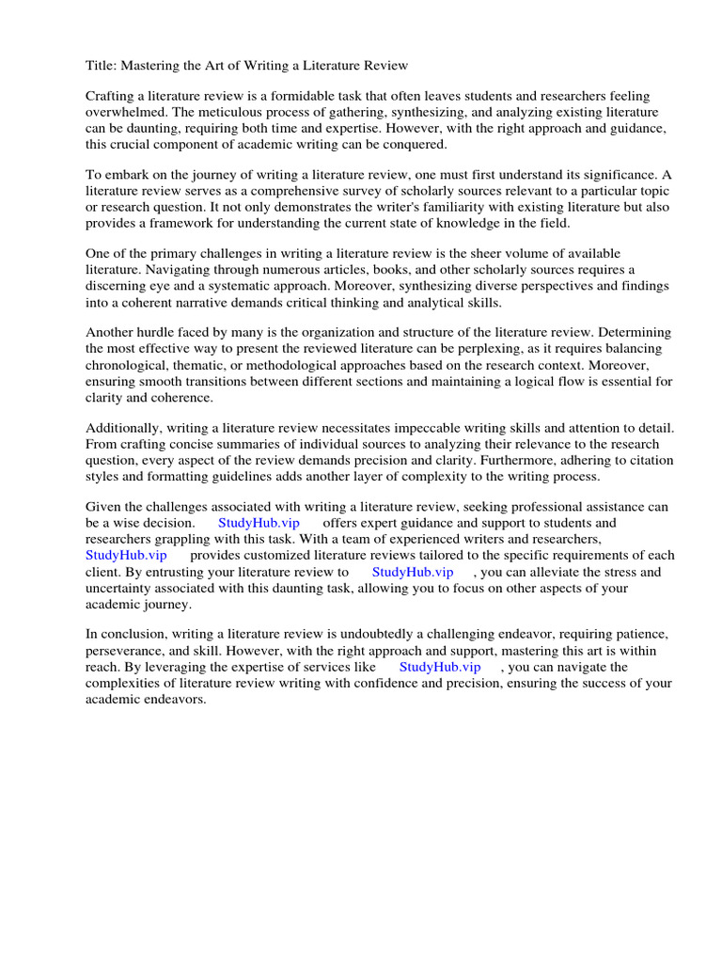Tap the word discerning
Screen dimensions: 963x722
click(123, 287)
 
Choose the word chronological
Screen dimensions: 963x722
click(127, 366)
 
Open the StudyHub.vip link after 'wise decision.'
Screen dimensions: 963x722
click(259, 523)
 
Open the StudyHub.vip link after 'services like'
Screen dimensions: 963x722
click(440, 667)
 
